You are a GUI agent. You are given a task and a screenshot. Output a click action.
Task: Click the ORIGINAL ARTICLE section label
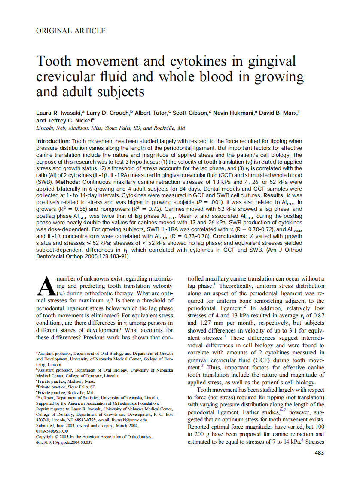71,31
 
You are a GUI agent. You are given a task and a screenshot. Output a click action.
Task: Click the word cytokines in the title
195,61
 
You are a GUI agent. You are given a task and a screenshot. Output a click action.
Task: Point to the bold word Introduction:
52,141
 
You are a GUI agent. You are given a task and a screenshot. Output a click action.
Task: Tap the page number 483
320,452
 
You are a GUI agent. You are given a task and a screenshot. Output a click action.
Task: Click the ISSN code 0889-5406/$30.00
52,431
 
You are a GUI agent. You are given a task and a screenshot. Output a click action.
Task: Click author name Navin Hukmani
235,113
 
